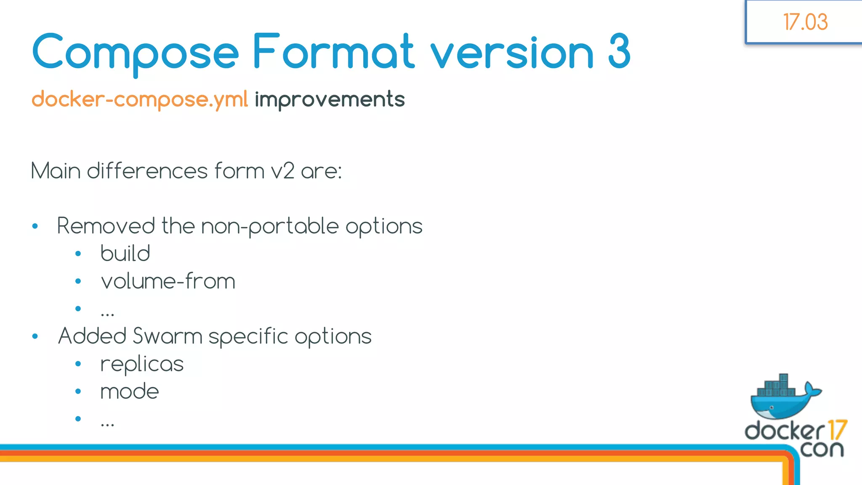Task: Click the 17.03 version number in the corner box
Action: click(805, 22)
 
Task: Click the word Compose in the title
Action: click(135, 52)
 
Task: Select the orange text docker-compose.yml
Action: click(140, 100)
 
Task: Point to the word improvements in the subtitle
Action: click(330, 100)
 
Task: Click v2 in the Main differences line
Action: click(282, 171)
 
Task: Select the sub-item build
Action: click(125, 253)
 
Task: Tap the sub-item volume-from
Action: click(168, 281)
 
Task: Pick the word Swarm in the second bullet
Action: click(168, 336)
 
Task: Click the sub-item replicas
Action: click(142, 364)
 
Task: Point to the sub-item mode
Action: click(130, 392)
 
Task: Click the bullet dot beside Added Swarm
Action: click(35, 336)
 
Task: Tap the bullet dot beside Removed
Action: click(35, 227)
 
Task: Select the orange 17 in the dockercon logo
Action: click(836, 430)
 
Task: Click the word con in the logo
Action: click(822, 449)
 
